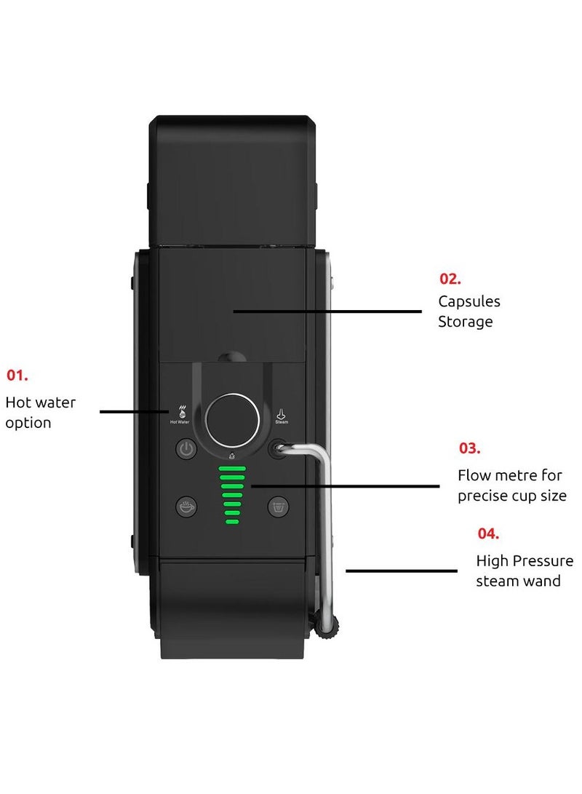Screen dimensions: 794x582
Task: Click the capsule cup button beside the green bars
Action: point(278,506)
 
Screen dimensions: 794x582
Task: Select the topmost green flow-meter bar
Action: point(232,469)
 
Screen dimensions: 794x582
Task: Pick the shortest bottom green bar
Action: point(232,522)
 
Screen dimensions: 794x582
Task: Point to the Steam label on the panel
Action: point(282,421)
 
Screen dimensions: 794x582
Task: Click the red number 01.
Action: point(17,376)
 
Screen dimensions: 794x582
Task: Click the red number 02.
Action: point(450,278)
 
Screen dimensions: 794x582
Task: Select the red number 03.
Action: point(469,448)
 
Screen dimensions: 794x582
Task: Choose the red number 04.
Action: point(488,533)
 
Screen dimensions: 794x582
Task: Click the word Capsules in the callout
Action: point(469,301)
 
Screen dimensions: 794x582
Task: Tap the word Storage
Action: point(465,322)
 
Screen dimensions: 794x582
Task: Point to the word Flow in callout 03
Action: point(473,475)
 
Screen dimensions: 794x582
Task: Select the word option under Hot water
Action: point(28,423)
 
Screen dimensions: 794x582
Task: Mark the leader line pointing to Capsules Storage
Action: point(327,311)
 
